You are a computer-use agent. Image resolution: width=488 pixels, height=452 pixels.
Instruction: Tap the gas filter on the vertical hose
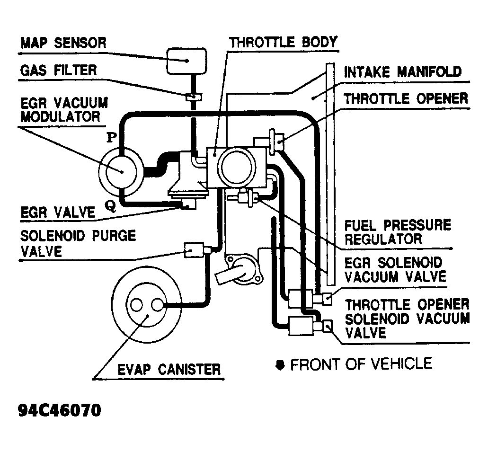pyautogui.click(x=193, y=97)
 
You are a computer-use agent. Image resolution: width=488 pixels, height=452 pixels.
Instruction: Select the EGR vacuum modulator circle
pyautogui.click(x=120, y=171)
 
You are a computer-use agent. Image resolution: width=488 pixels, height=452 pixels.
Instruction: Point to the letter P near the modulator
pyautogui.click(x=112, y=137)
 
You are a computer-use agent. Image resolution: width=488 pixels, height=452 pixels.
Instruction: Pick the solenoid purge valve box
pyautogui.click(x=193, y=249)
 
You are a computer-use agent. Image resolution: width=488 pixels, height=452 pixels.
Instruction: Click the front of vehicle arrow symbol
pyautogui.click(x=280, y=365)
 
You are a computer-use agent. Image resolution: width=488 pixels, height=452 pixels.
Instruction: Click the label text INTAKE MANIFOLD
pyautogui.click(x=402, y=72)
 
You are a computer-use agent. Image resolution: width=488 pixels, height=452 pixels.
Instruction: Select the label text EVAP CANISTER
pyautogui.click(x=169, y=369)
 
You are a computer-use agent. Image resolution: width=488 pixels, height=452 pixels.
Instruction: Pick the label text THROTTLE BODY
pyautogui.click(x=283, y=42)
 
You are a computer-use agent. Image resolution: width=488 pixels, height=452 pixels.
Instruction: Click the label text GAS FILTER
pyautogui.click(x=58, y=70)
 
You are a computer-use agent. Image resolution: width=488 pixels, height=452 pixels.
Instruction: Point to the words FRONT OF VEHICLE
pyautogui.click(x=361, y=364)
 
